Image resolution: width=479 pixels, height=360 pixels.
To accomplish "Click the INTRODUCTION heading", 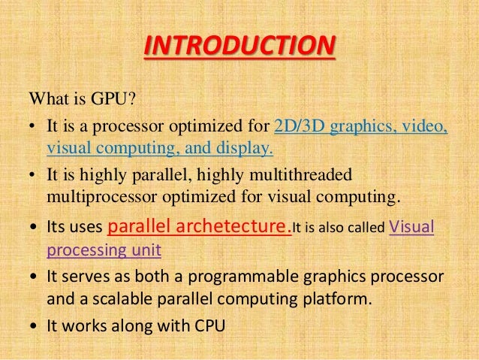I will [239, 47].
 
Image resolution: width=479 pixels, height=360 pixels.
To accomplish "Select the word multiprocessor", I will [97, 197].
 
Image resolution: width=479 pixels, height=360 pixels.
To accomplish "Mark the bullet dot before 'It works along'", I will [33, 327].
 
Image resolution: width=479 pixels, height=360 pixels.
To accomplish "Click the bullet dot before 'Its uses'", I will [33, 228].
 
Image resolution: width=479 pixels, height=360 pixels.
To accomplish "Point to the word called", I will [365, 228].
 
